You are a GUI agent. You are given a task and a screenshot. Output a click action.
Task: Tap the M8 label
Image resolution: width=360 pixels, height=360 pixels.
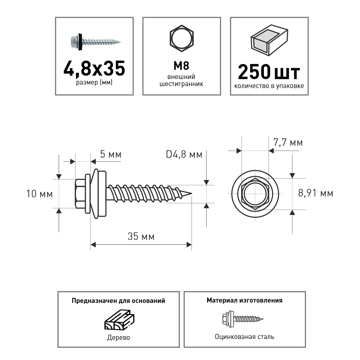(x=182, y=66)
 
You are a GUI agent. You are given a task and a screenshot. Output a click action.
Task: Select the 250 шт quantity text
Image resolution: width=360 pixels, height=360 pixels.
(x=269, y=72)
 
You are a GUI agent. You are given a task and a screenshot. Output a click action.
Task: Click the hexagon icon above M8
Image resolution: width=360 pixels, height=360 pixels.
(x=182, y=37)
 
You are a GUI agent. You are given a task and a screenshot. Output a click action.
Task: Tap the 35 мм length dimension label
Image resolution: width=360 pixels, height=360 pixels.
(x=141, y=237)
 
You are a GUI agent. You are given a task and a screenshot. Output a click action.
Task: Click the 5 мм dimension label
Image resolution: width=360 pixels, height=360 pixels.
(x=111, y=155)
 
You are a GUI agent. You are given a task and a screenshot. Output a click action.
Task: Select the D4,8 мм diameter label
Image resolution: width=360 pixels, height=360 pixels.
(x=184, y=155)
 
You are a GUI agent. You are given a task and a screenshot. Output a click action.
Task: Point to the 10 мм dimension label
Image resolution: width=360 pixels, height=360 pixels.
(x=40, y=194)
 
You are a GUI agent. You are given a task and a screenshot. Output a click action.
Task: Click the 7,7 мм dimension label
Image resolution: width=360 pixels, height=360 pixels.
(x=288, y=143)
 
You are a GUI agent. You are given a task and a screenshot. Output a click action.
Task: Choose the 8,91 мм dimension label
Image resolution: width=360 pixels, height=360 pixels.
(x=316, y=193)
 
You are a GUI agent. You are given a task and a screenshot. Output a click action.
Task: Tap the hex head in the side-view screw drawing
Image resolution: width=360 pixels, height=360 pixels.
(x=80, y=194)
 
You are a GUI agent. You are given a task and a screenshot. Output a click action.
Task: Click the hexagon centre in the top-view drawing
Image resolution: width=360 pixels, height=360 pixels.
(x=255, y=194)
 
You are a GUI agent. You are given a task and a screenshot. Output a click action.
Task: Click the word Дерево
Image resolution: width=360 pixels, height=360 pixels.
(x=118, y=338)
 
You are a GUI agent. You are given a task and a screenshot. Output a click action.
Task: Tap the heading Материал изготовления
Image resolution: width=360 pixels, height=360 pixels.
(x=244, y=300)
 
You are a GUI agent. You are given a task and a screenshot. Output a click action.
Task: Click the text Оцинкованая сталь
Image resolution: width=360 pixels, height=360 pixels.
(x=244, y=337)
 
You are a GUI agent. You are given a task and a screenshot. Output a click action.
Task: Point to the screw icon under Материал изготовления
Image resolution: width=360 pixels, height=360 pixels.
(x=242, y=318)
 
